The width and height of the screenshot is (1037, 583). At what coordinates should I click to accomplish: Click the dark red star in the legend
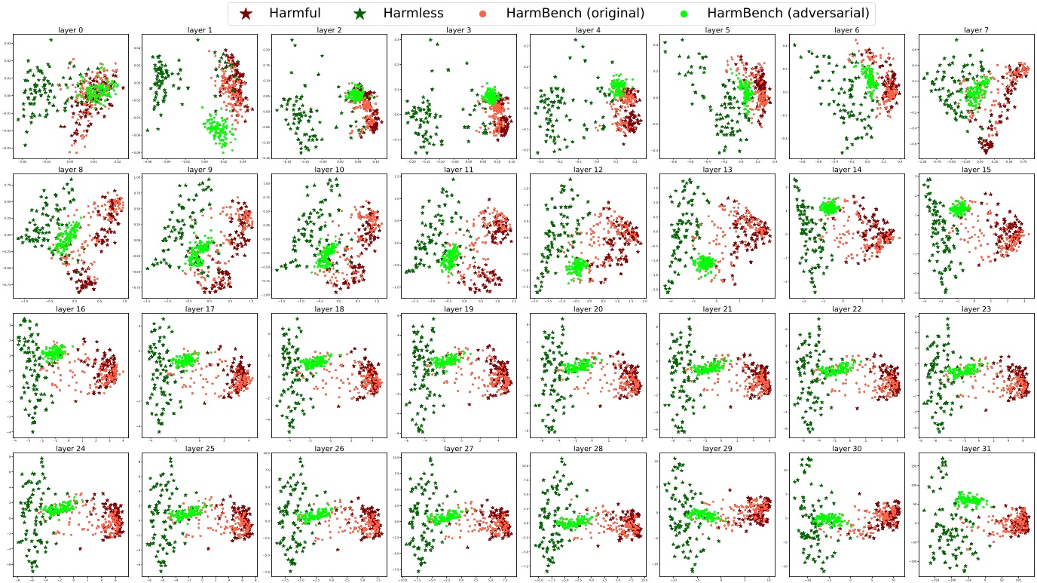[x=246, y=13]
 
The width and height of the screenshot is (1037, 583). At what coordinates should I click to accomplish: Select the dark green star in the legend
[x=360, y=13]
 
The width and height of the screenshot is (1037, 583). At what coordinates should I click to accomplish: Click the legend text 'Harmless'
[x=413, y=13]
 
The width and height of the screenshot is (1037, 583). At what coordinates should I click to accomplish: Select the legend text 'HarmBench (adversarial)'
[x=788, y=13]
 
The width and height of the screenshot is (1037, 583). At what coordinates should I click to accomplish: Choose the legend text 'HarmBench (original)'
[x=575, y=13]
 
